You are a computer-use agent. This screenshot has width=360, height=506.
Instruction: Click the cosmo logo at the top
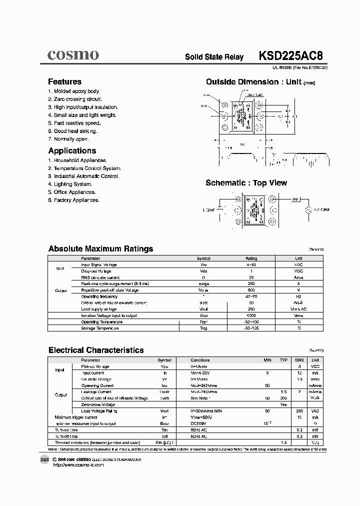click(x=73, y=54)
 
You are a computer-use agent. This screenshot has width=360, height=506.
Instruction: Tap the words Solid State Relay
click(x=214, y=57)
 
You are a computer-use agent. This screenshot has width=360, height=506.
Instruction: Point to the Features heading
click(x=64, y=81)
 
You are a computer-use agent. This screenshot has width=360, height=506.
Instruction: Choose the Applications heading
click(x=72, y=150)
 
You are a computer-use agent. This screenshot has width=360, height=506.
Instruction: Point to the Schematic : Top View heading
click(x=246, y=183)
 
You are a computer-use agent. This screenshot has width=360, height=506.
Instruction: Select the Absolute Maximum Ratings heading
click(x=100, y=248)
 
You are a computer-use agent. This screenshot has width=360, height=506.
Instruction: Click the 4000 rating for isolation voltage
click(x=251, y=315)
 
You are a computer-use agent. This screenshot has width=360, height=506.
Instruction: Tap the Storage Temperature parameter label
click(x=100, y=328)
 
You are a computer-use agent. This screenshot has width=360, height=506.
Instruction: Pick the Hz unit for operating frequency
click(x=298, y=296)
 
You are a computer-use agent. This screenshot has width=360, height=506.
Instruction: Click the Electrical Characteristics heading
click(x=95, y=350)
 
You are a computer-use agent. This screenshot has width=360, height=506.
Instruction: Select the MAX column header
click(x=299, y=360)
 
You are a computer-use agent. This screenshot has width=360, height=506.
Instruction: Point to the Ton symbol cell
click(x=164, y=429)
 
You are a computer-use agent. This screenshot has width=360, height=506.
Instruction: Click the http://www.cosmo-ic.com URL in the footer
click(x=78, y=465)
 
